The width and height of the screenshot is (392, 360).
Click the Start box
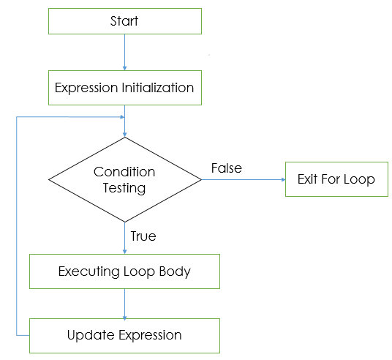pos(124,21)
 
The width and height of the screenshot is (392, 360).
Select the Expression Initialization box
pos(124,88)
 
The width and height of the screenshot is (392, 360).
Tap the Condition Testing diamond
pos(124,179)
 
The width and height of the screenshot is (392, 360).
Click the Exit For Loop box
pos(336,179)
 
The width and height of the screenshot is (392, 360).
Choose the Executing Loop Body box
pos(124,271)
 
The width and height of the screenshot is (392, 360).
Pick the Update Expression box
pos(124,335)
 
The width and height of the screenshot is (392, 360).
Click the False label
pos(226,168)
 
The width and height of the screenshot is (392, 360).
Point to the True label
pos(143,236)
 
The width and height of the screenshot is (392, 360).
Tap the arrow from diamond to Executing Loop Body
pos(124,238)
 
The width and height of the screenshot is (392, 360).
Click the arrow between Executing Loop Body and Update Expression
pos(124,304)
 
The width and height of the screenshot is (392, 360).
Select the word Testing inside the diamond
pos(124,187)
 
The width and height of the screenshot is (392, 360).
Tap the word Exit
pos(308,179)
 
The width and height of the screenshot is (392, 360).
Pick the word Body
pos(176,271)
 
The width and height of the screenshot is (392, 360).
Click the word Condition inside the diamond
pos(124,172)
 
